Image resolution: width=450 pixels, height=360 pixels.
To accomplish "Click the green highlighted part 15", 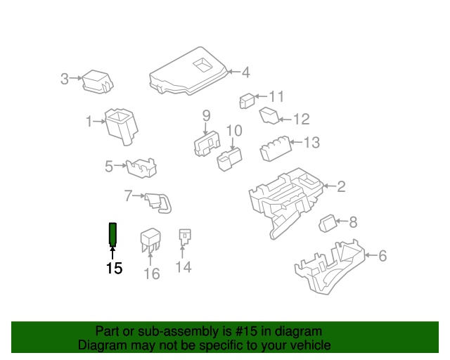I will tap(112, 233).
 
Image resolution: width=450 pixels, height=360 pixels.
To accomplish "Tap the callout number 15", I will tap(114, 268).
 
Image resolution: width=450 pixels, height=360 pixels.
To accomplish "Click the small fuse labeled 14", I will tap(185, 237).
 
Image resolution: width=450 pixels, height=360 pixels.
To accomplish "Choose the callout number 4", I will tap(245, 72).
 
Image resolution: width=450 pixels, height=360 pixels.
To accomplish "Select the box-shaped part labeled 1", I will tap(120, 124).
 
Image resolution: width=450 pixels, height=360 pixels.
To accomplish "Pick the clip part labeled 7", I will tap(157, 201).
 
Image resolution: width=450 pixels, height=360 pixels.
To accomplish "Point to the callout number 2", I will tap(341, 186).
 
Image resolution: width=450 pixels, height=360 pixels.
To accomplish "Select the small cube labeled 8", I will tap(329, 224).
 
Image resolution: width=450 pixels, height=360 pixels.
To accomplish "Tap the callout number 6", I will tap(382, 256).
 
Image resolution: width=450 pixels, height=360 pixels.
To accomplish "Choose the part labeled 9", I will tap(206, 143).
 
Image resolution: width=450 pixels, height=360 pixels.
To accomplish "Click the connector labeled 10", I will tap(229, 158).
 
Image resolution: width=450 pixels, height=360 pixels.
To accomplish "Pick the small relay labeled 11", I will tap(246, 101).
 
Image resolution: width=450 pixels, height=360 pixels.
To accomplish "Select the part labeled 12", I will tap(270, 115).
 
